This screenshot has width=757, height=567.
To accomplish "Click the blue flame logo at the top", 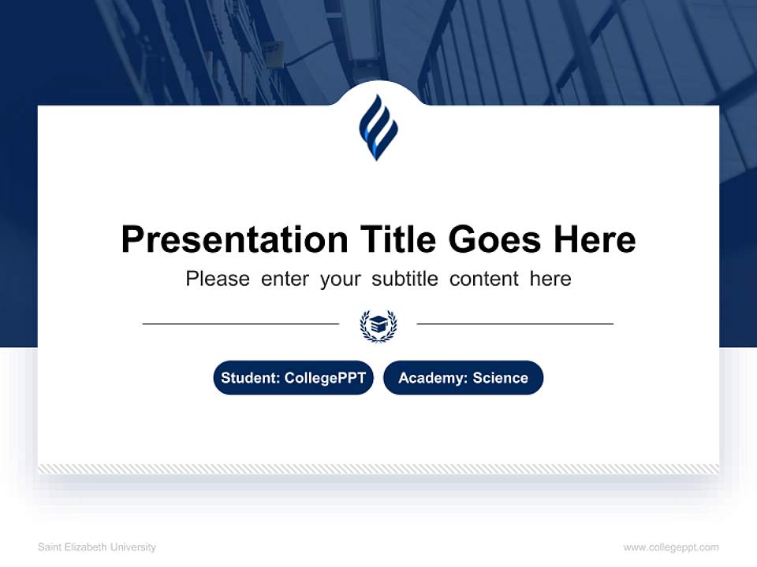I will point(378,128).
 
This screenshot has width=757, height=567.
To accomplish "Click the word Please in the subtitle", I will point(218,279).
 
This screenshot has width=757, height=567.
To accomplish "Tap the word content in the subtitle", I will point(484,279).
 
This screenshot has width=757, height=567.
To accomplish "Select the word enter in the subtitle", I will point(285,279).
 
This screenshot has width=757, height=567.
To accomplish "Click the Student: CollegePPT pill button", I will point(293,378).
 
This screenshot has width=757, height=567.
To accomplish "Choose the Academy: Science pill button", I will point(463,378).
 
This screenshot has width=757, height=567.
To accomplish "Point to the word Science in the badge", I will point(500,378).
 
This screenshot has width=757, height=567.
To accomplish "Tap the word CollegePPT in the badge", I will point(325,378).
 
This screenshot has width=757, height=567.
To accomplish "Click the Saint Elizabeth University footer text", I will point(97,547).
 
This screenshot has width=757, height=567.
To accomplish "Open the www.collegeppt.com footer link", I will point(671,547).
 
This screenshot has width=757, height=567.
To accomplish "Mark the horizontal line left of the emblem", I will point(241,324).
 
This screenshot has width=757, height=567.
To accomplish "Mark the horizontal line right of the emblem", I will point(515,324).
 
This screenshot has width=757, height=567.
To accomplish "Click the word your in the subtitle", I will point(340,280).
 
